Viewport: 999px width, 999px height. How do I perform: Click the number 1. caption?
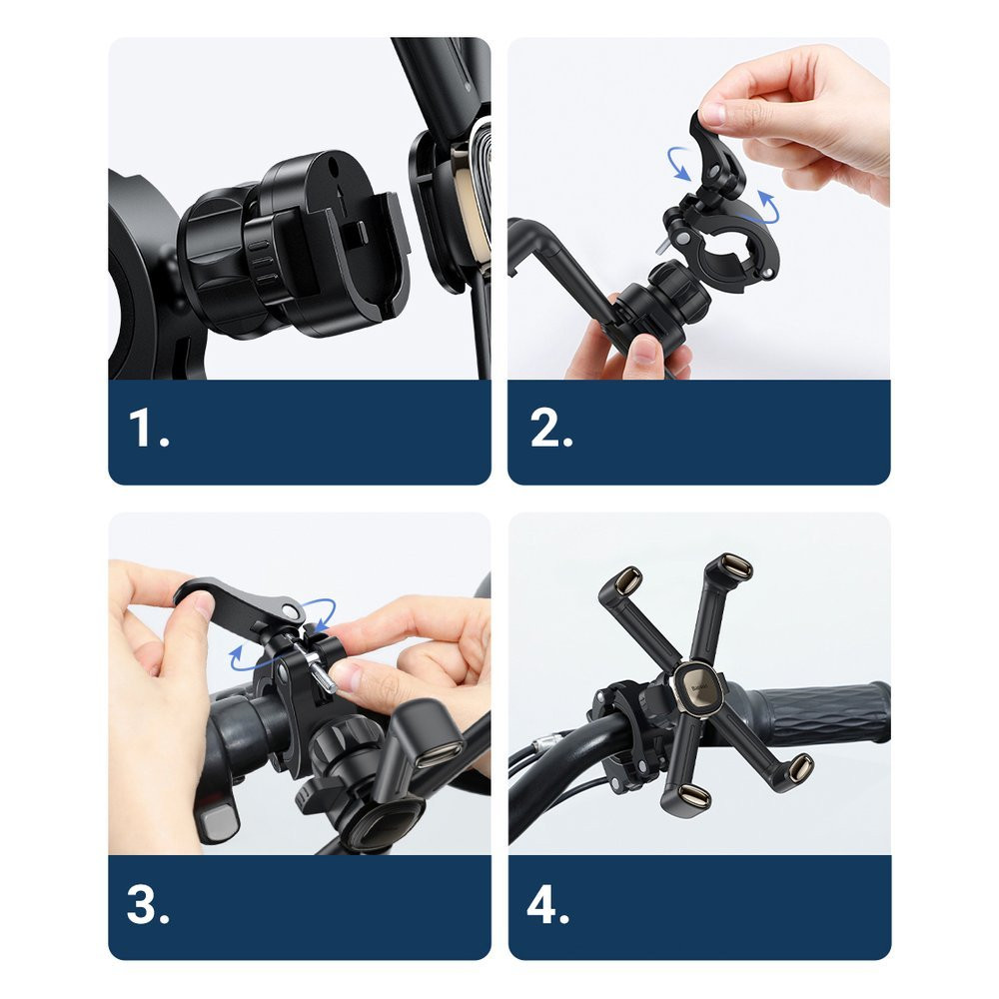(x=149, y=431)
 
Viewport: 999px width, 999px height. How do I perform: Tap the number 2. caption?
(x=551, y=431)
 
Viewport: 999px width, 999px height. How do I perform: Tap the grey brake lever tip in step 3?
(x=219, y=821)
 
